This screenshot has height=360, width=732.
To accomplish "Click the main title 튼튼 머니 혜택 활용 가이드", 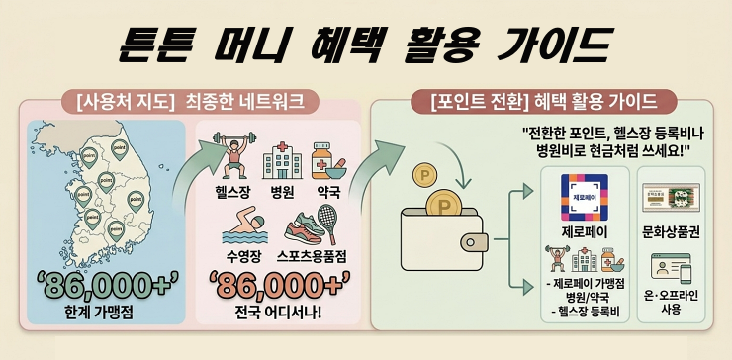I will [365, 42].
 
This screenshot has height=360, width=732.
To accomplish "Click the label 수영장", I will [243, 256].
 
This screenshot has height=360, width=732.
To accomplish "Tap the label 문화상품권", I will [670, 235].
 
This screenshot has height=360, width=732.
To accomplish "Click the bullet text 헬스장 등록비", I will [587, 314].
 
